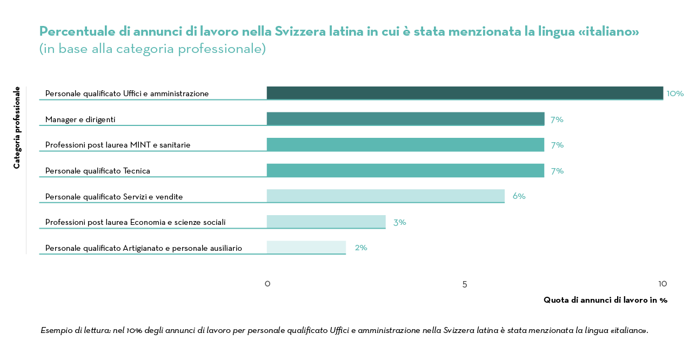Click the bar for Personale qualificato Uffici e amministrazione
(x=465, y=93)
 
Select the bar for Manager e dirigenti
(x=405, y=119)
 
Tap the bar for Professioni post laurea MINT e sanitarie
(x=405, y=144)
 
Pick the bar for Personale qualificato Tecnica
(x=405, y=170)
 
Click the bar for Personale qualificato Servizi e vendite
(x=385, y=196)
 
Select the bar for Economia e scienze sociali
(x=326, y=222)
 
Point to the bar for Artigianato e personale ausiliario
(x=306, y=247)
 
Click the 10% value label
(x=675, y=94)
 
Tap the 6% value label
(x=519, y=196)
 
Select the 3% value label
(x=400, y=222)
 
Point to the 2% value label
(x=361, y=248)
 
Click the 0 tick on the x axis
(x=267, y=284)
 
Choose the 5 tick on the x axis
(x=465, y=284)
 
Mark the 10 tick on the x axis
(x=662, y=284)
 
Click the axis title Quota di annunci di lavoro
(x=605, y=300)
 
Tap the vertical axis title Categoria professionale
(x=17, y=128)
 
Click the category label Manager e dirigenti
(x=80, y=119)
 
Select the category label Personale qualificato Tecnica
(x=97, y=171)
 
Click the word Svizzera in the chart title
(x=300, y=31)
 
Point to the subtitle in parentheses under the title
(x=152, y=49)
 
